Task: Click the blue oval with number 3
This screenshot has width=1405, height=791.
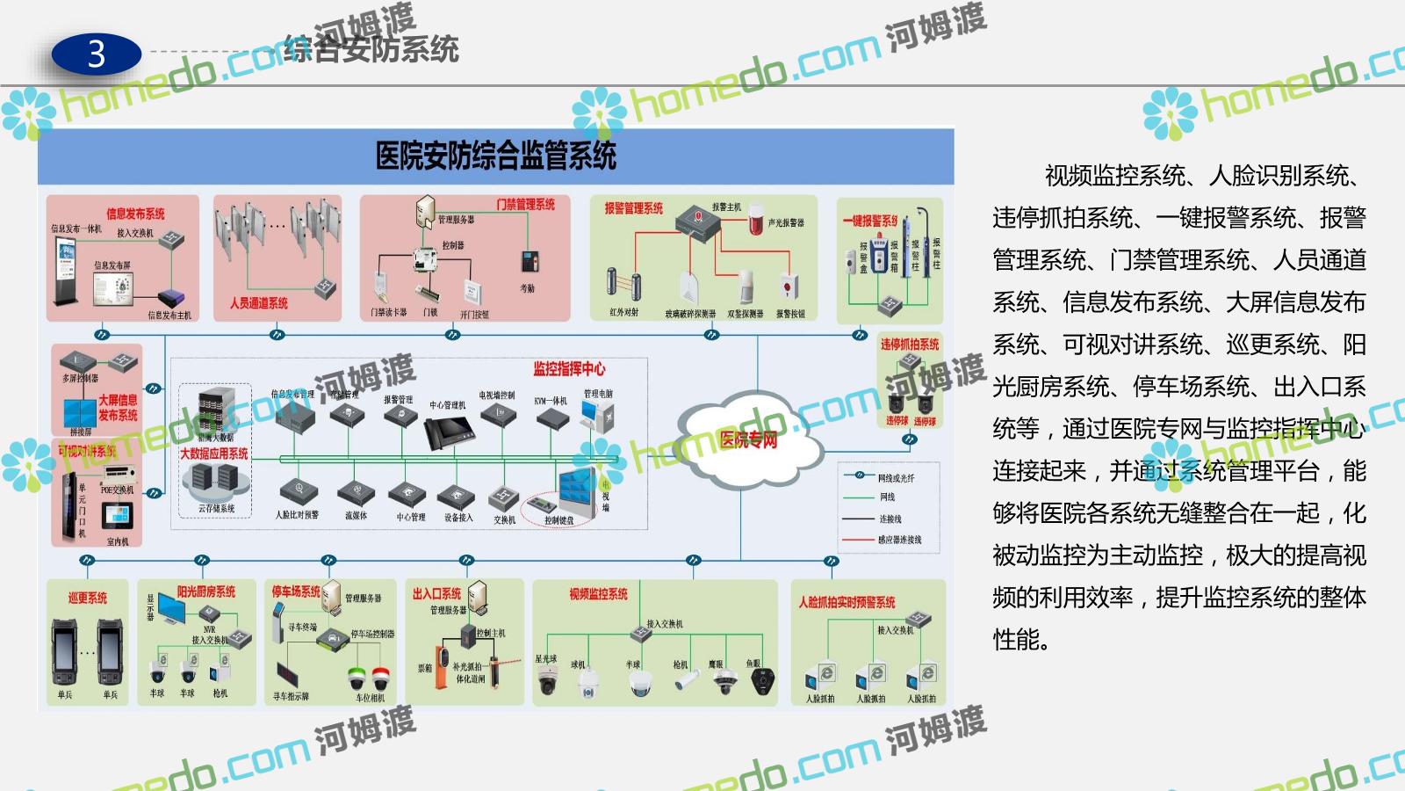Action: coord(96,54)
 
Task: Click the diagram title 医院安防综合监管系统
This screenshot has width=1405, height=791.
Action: coord(495,156)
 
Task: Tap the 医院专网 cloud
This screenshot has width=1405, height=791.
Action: coord(748,439)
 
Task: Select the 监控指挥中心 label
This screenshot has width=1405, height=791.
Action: coord(568,369)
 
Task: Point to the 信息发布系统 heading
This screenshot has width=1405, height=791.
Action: coord(135,214)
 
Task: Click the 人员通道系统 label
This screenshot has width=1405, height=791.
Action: coord(258,303)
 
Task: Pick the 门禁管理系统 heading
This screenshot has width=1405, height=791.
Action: coord(525,205)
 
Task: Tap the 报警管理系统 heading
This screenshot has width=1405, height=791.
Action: coord(633,208)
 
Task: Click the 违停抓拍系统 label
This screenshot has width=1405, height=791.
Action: coord(909,345)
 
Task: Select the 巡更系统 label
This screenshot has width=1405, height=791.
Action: coord(88,598)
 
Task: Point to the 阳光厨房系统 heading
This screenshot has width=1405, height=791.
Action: coord(206,592)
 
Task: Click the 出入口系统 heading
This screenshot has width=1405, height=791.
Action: coord(436,594)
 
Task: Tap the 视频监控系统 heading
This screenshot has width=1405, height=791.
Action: coord(598,594)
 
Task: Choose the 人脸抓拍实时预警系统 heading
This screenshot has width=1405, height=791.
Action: coord(847,602)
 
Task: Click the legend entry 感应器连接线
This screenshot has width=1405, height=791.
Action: coord(899,540)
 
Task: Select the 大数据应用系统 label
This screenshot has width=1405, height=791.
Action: coord(213,454)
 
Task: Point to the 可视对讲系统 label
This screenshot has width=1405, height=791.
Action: coord(88,451)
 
